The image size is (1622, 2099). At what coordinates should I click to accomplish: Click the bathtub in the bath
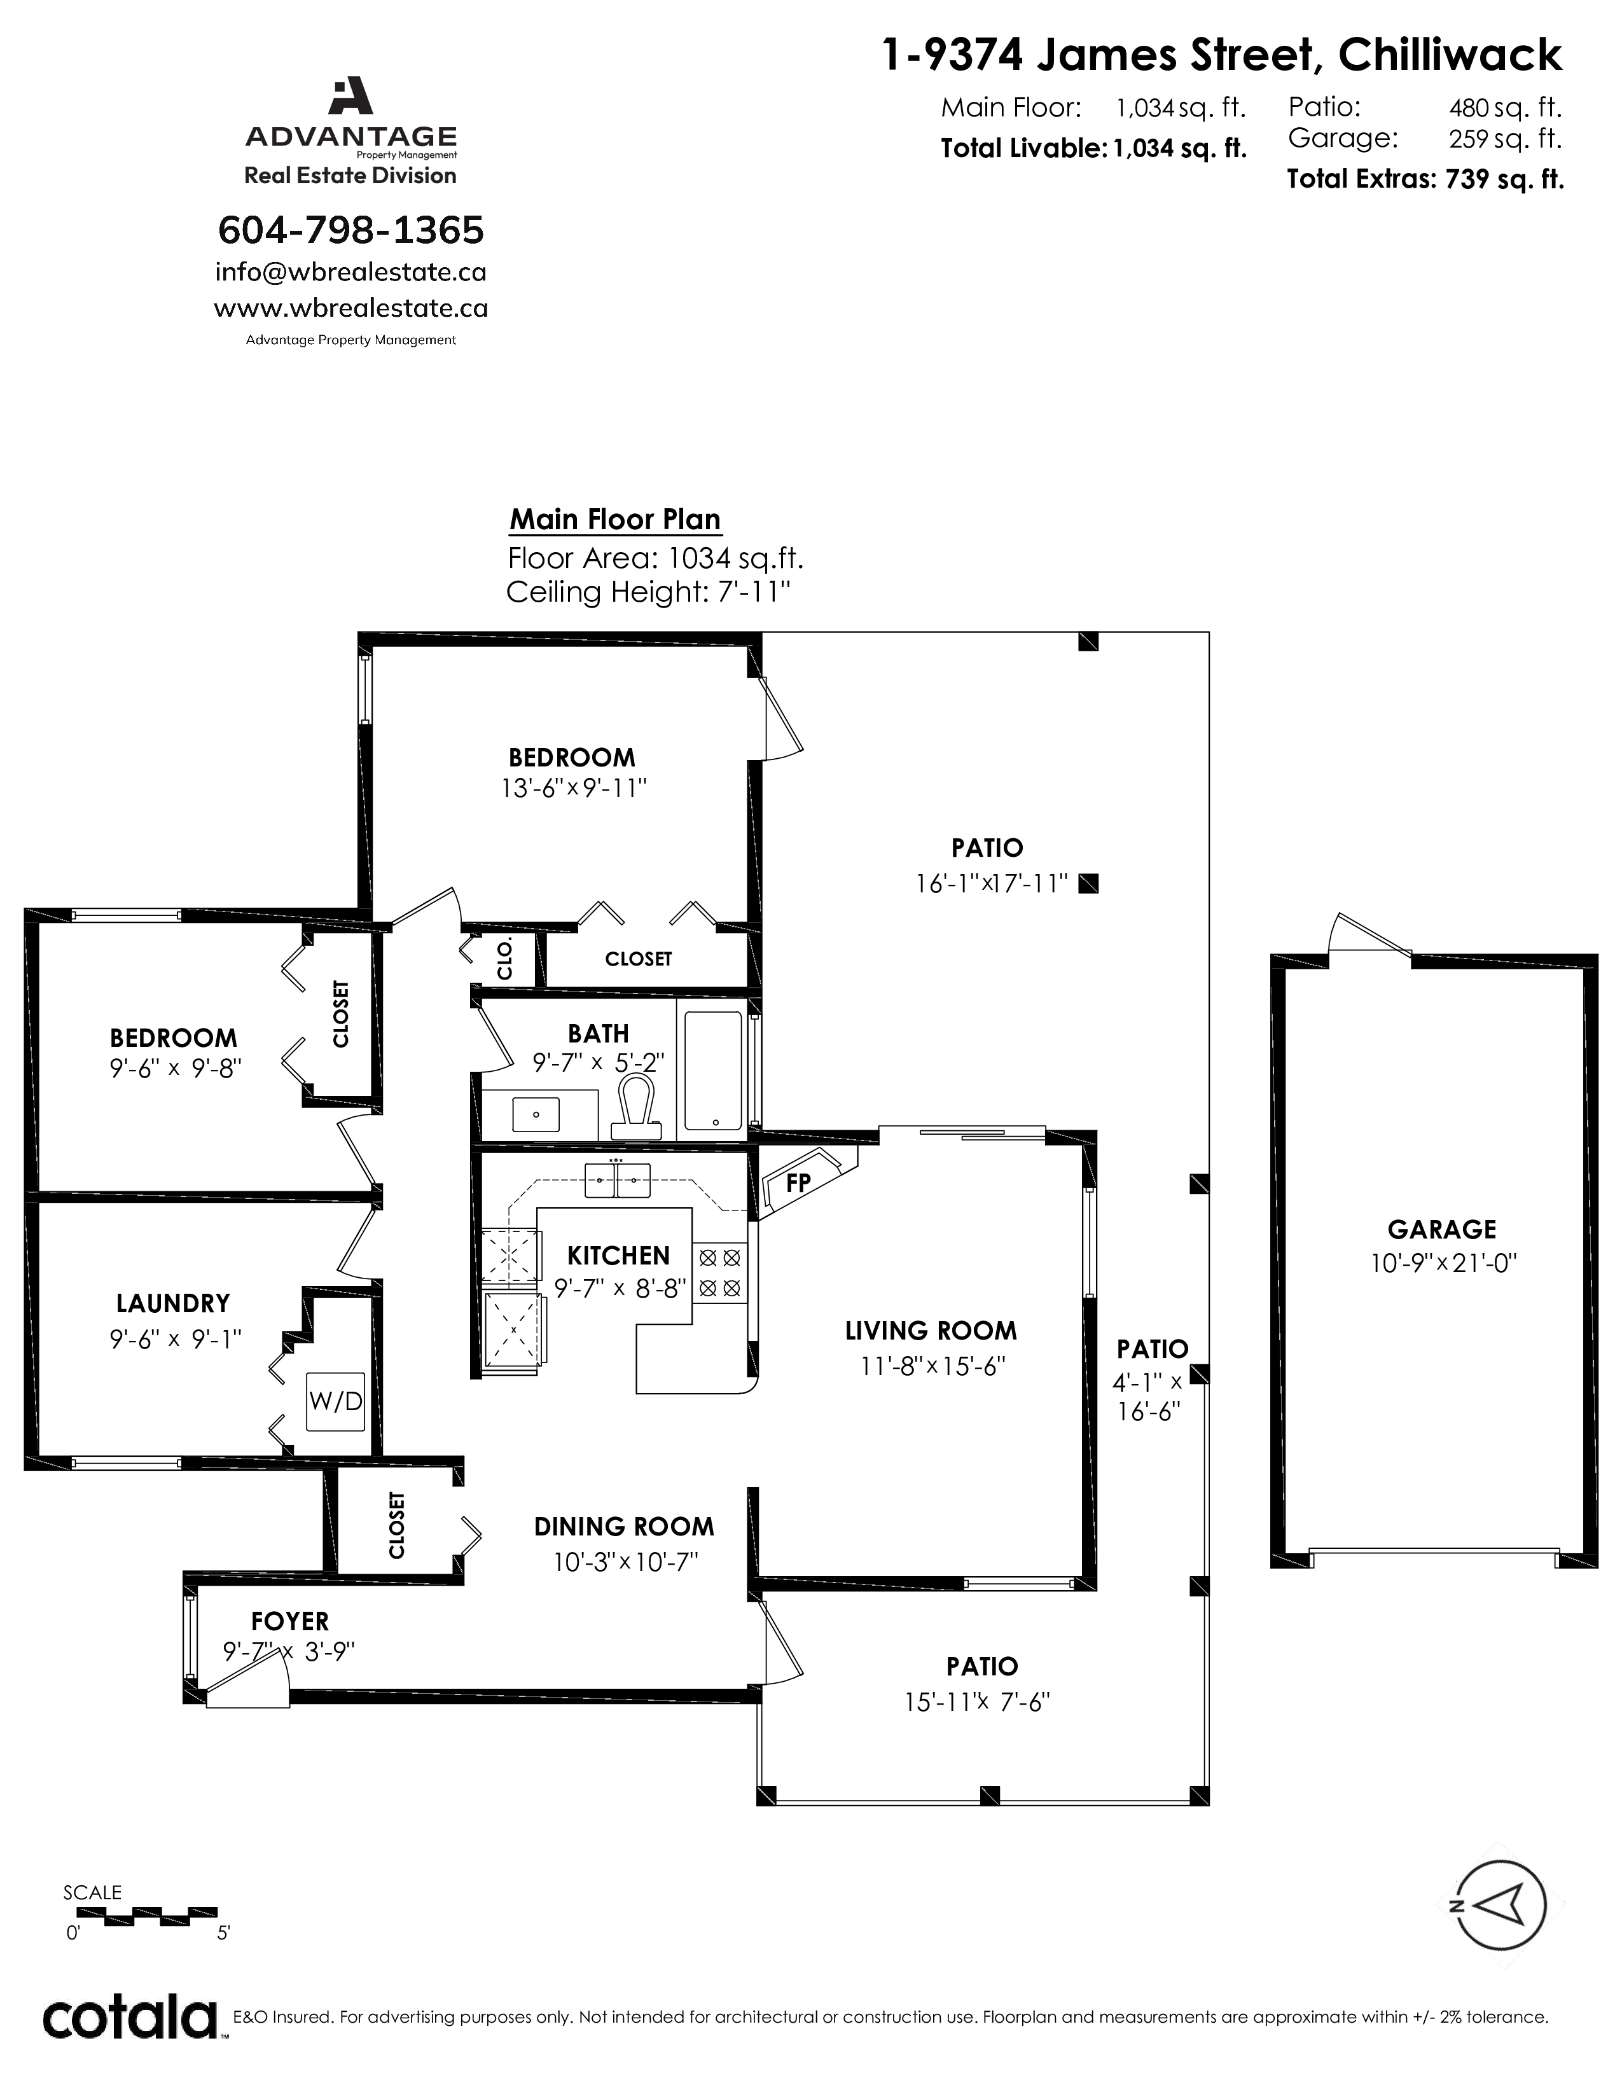(x=713, y=1070)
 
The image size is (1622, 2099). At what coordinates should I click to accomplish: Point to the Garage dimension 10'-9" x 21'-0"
(x=1443, y=1262)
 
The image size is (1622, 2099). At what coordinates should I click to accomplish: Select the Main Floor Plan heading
(x=615, y=520)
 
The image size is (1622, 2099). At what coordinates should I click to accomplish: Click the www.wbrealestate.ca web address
(x=350, y=308)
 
